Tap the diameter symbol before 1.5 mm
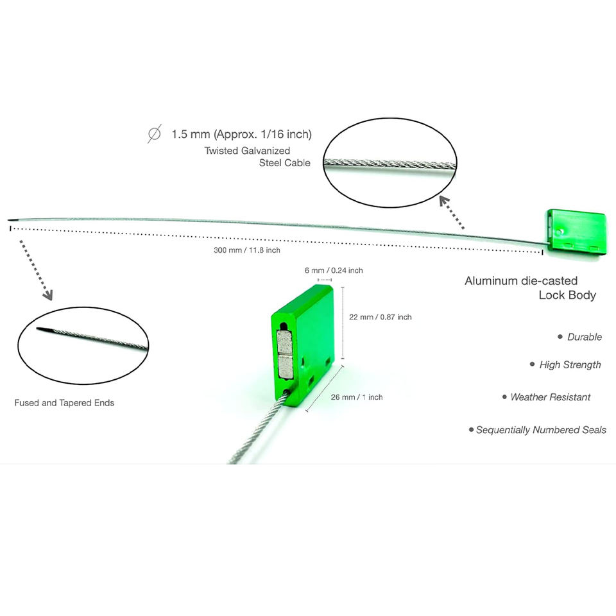click(154, 134)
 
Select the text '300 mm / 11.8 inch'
click(247, 250)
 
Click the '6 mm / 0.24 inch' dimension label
click(334, 271)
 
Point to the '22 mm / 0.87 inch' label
click(381, 317)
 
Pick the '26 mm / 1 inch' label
click(357, 397)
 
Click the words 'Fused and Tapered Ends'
click(64, 403)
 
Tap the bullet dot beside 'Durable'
click(560, 336)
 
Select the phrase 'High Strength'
click(570, 364)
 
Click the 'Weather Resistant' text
click(550, 397)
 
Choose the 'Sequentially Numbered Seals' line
click(541, 430)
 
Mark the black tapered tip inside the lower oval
click(44, 330)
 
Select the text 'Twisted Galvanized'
click(247, 151)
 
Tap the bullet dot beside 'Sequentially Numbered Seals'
click(471, 429)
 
